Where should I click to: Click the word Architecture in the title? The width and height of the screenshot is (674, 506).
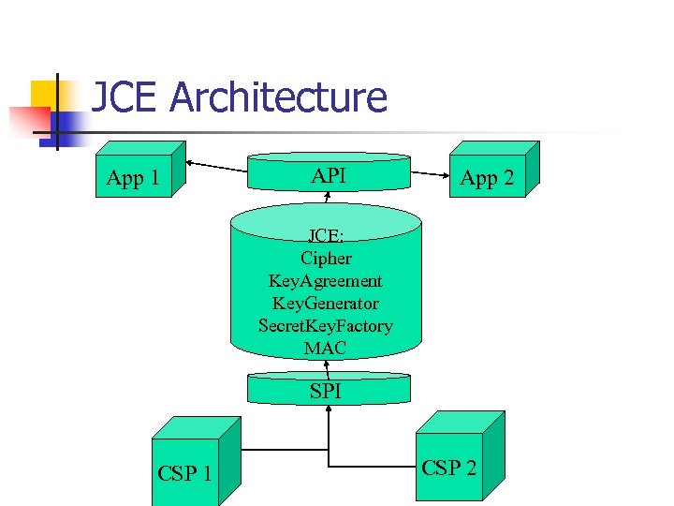click(278, 97)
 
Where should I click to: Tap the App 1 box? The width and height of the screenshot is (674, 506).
click(133, 178)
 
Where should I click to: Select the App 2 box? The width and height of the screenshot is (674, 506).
click(487, 178)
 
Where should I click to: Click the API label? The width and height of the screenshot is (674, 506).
click(328, 175)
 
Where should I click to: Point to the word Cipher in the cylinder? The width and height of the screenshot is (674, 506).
click(326, 258)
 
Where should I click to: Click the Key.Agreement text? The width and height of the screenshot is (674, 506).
click(326, 280)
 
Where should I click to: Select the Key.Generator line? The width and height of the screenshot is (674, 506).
click(326, 303)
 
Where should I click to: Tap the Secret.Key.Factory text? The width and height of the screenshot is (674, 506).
click(326, 325)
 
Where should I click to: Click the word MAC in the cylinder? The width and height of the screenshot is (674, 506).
click(326, 348)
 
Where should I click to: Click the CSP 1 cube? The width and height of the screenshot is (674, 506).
click(184, 473)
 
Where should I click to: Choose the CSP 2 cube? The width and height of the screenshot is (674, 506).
click(449, 468)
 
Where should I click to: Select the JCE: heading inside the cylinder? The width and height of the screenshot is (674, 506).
click(326, 235)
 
